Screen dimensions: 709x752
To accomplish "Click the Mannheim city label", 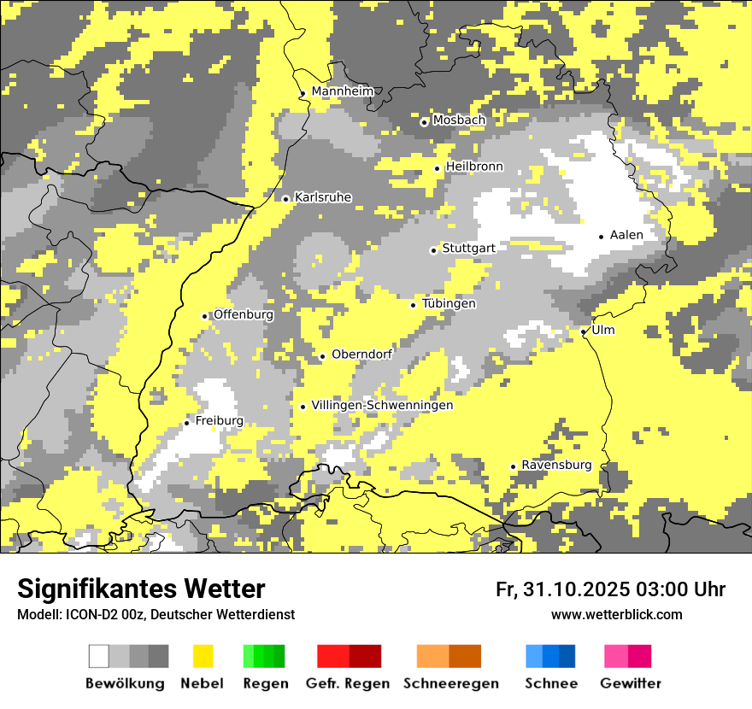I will click(x=343, y=91).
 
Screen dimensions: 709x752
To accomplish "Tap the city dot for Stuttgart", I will click(x=433, y=250).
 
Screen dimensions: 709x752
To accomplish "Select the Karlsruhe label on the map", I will click(x=323, y=197).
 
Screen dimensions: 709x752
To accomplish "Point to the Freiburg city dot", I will click(x=186, y=423).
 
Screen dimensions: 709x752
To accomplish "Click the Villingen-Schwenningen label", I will click(x=382, y=405).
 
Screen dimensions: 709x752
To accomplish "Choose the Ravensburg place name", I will click(x=556, y=465).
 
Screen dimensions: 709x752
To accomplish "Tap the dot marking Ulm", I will click(x=584, y=331).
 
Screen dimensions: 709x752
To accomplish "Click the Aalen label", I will click(x=626, y=235).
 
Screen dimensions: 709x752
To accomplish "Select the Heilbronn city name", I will click(x=474, y=166).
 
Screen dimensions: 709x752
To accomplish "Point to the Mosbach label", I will click(x=459, y=120).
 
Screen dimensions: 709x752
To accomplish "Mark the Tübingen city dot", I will click(x=414, y=305).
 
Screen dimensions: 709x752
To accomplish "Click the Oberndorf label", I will click(x=361, y=354).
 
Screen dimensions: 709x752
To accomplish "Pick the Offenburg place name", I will click(x=244, y=314).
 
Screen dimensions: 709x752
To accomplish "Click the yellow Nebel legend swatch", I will click(x=203, y=656).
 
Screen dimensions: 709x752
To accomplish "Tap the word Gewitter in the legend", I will click(x=631, y=683).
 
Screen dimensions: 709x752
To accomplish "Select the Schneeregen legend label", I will click(x=451, y=683).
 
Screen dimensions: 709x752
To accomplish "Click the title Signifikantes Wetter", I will click(x=141, y=589).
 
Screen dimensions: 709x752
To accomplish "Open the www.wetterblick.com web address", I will click(x=616, y=614).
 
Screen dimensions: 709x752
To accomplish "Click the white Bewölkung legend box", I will click(x=99, y=656).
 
